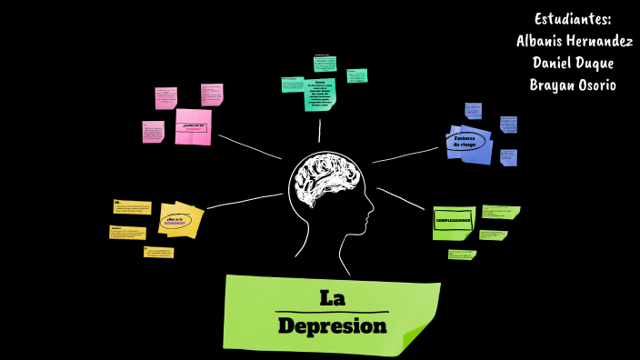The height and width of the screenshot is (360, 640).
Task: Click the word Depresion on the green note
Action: pyautogui.click(x=332, y=325)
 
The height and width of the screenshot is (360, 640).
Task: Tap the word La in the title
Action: pyautogui.click(x=332, y=297)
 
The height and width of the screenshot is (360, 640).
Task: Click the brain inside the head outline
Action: pyautogui.click(x=324, y=181)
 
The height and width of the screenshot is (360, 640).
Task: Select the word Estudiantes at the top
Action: pyautogui.click(x=573, y=19)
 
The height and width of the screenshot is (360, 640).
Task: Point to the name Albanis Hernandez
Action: pyautogui.click(x=575, y=41)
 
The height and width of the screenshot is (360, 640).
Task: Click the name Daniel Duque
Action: pyautogui.click(x=573, y=63)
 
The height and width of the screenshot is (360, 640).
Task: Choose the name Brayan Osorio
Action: pyautogui.click(x=573, y=85)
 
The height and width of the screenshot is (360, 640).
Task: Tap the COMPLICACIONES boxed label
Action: pyautogui.click(x=453, y=221)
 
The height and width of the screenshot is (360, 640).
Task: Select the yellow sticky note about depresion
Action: pyautogui.click(x=180, y=220)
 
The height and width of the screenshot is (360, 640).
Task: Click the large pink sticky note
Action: pyautogui.click(x=193, y=127)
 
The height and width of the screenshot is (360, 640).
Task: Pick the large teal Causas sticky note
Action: pyautogui.click(x=320, y=94)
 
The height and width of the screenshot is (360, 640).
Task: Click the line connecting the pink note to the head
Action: pyautogui.click(x=249, y=146)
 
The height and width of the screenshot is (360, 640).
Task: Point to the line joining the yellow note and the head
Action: pyautogui.click(x=244, y=201)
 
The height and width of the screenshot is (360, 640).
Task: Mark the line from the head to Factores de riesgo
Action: pyautogui.click(x=405, y=155)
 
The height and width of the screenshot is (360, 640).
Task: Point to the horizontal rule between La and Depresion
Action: pyautogui.click(x=332, y=312)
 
